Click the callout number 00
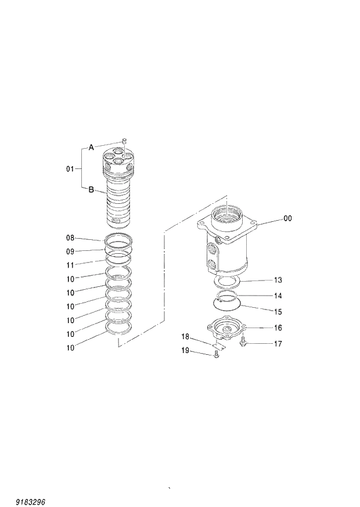[287, 218]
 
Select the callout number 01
[70, 169]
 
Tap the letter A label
[91, 148]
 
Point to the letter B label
[91, 189]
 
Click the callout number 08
[70, 238]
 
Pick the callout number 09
[70, 251]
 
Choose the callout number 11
[70, 264]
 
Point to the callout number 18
[185, 336]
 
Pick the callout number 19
[185, 350]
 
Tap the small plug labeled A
[124, 141]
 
